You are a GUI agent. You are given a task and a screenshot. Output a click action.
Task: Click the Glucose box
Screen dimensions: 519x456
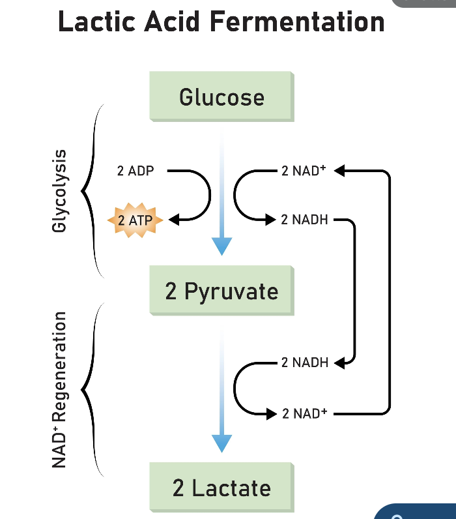[221, 97]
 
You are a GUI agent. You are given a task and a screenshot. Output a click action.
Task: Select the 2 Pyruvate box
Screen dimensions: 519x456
[221, 291]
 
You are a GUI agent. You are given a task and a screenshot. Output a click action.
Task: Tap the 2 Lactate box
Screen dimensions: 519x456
[221, 488]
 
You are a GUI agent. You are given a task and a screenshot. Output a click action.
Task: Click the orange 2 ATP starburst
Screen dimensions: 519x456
[135, 220]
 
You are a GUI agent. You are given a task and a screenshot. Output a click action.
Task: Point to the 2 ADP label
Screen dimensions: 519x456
[135, 171]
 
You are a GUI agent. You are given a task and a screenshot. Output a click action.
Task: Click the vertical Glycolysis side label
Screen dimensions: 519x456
[60, 190]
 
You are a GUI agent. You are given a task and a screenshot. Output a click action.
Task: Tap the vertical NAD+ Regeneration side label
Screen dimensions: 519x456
[60, 390]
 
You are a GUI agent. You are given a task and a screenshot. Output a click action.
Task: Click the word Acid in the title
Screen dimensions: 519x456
[178, 22]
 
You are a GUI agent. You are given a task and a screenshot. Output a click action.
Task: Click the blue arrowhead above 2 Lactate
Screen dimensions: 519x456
[221, 443]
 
